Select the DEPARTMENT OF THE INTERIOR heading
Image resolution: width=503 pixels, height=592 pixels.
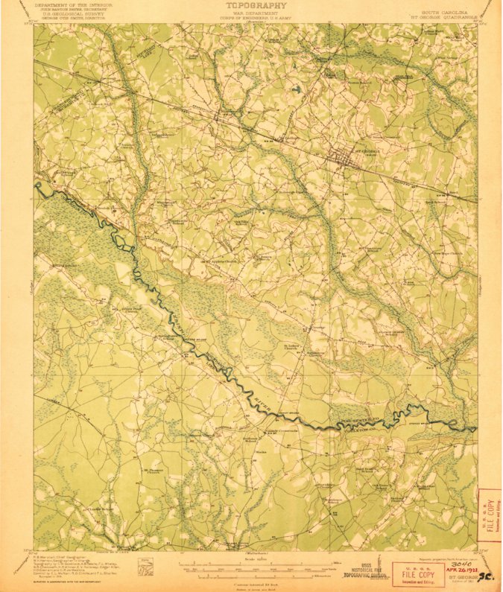(x=74, y=4)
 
